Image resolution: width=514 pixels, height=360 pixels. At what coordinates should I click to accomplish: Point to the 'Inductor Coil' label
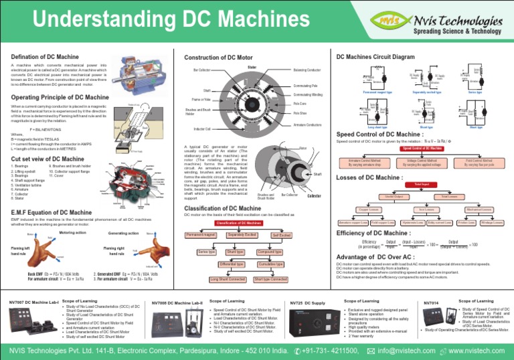[202, 128]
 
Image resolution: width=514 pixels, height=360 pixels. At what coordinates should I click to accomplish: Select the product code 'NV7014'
[432, 302]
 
